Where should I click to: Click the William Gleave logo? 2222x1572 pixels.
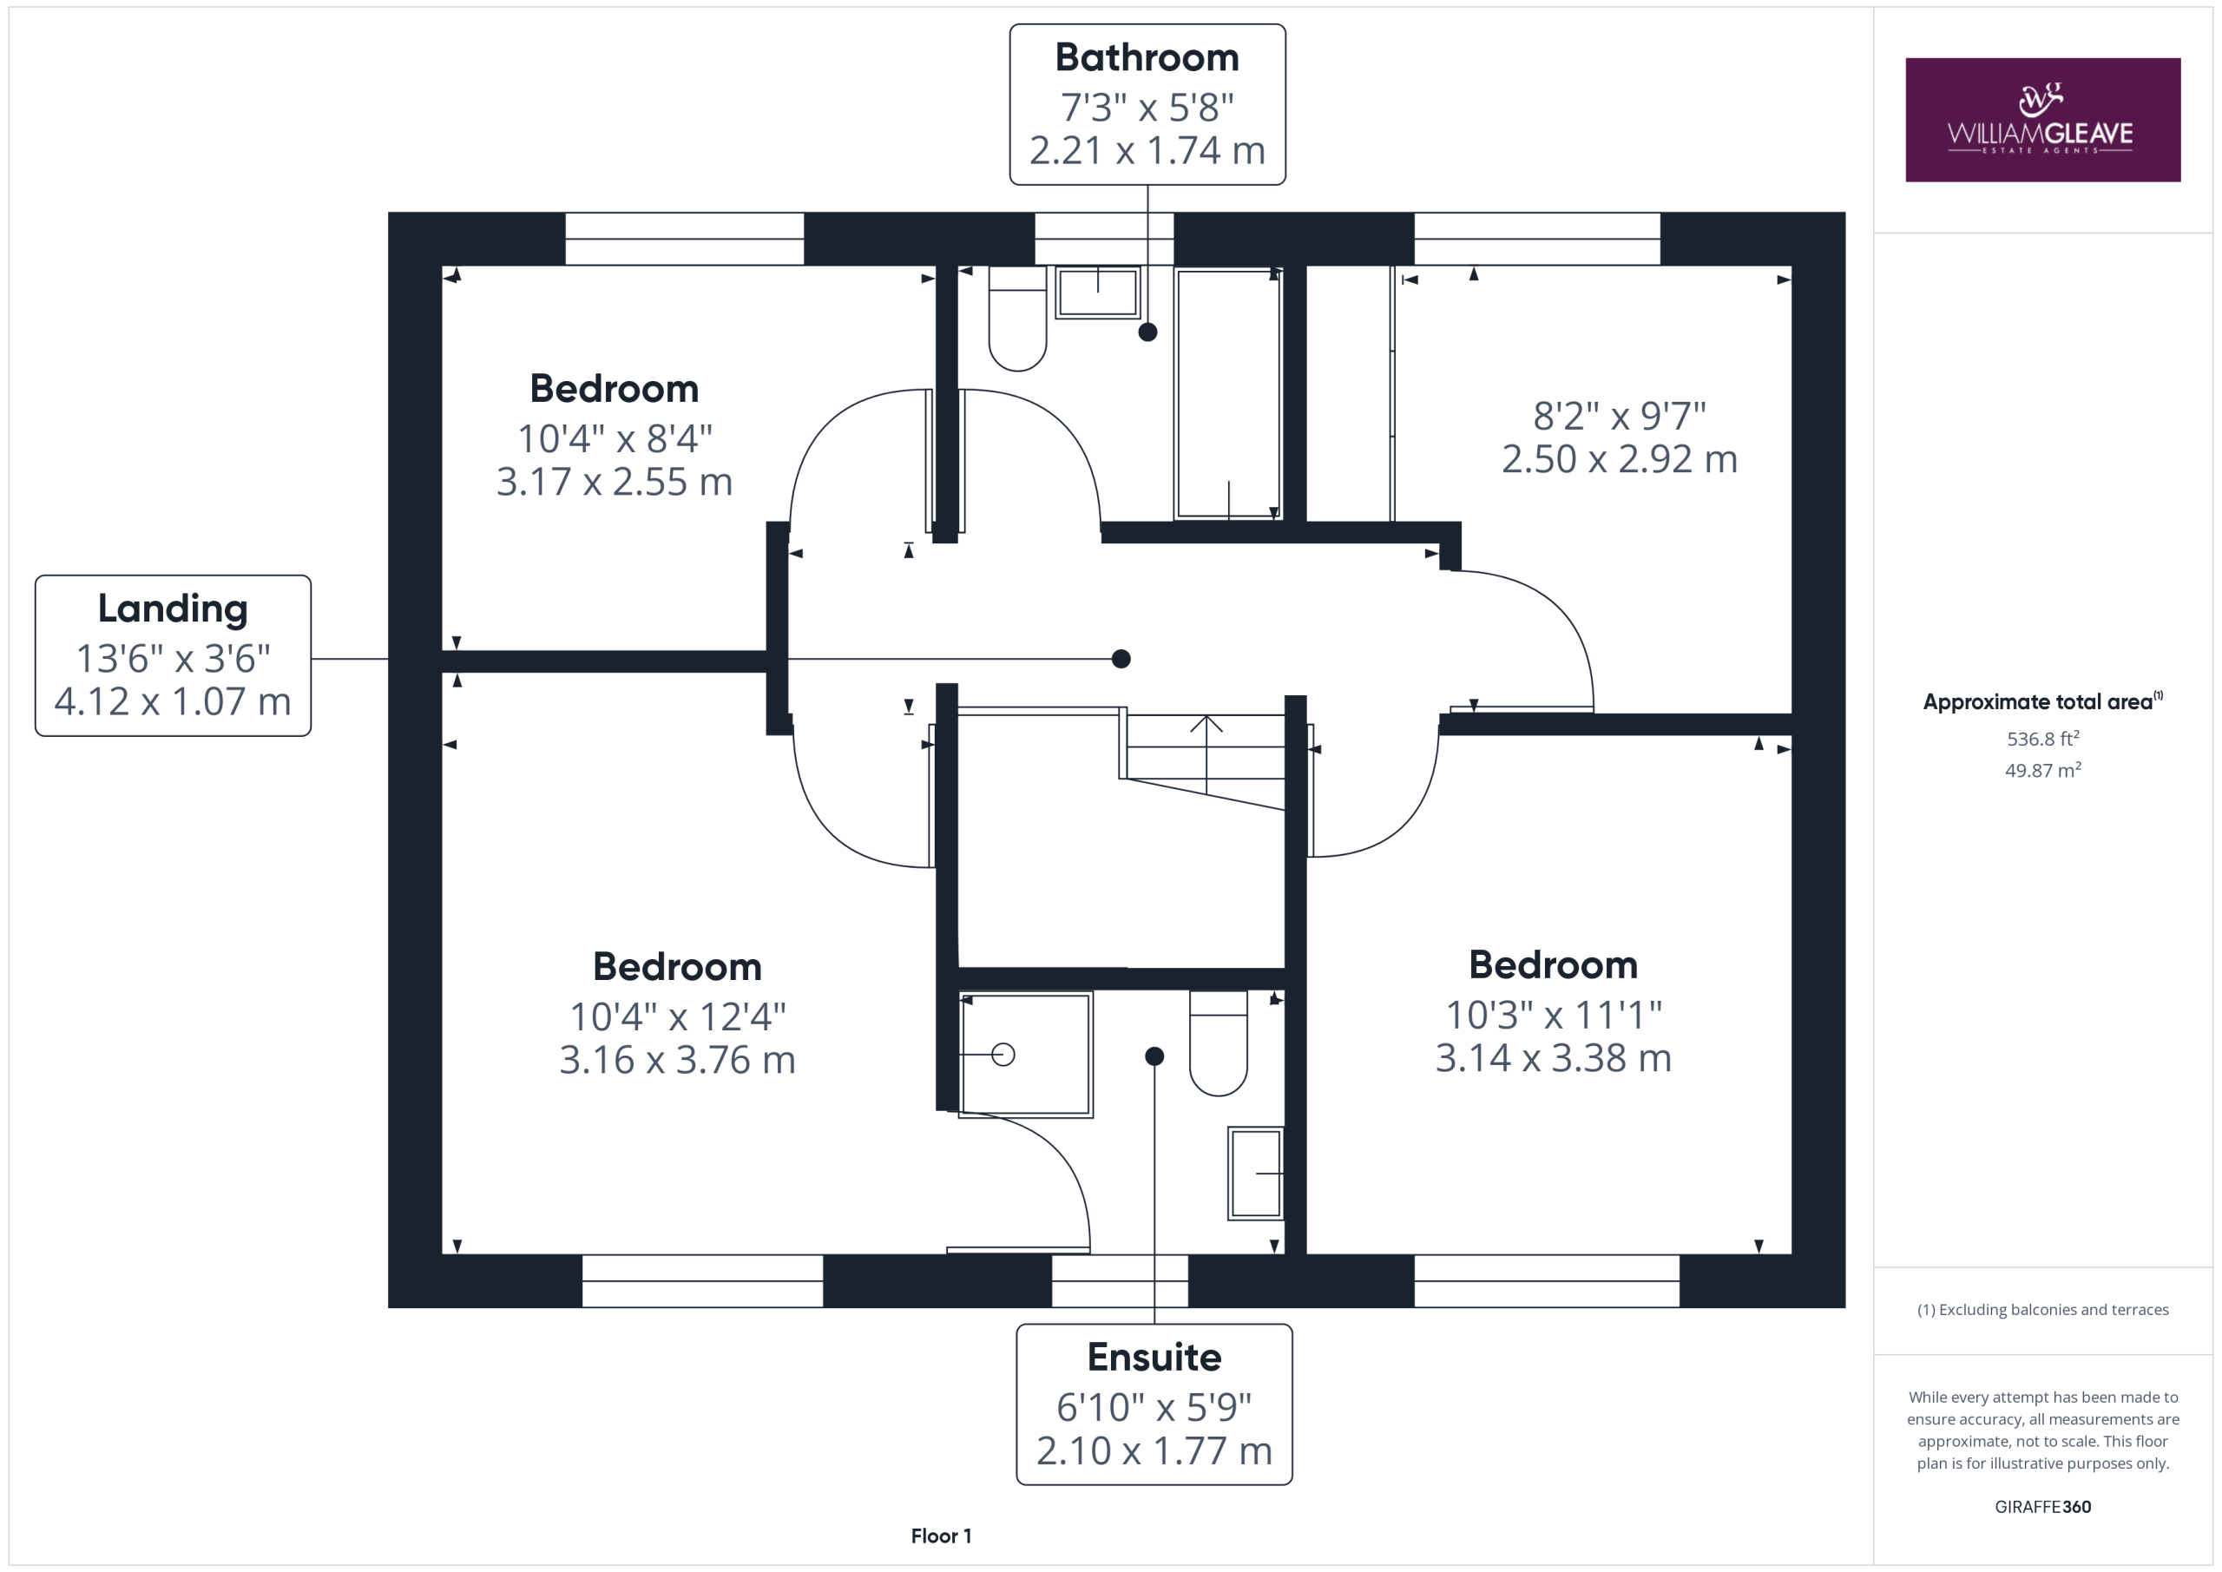point(2042,120)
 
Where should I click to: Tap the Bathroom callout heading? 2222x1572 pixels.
point(1147,58)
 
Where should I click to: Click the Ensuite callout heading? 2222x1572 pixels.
point(1154,1357)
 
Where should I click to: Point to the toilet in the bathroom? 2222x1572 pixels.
point(1017,319)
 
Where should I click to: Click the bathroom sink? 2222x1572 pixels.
point(1097,293)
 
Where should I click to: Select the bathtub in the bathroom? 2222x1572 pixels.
point(1228,394)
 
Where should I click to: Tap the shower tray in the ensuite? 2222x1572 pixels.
point(1026,1054)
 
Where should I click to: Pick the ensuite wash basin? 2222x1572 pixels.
point(1256,1174)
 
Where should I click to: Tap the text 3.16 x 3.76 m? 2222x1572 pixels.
point(677,1060)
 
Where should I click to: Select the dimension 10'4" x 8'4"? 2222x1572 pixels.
point(615,438)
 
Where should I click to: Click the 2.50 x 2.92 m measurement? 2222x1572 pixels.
point(1619,459)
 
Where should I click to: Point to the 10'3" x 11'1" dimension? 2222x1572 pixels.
point(1554,1015)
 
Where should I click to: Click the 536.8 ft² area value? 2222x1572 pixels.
point(2042,739)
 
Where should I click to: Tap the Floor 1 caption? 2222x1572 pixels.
point(941,1536)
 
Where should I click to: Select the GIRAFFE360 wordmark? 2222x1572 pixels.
point(2042,1507)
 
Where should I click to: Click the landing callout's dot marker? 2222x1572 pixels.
point(1121,659)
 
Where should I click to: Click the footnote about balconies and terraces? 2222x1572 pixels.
point(2042,1310)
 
